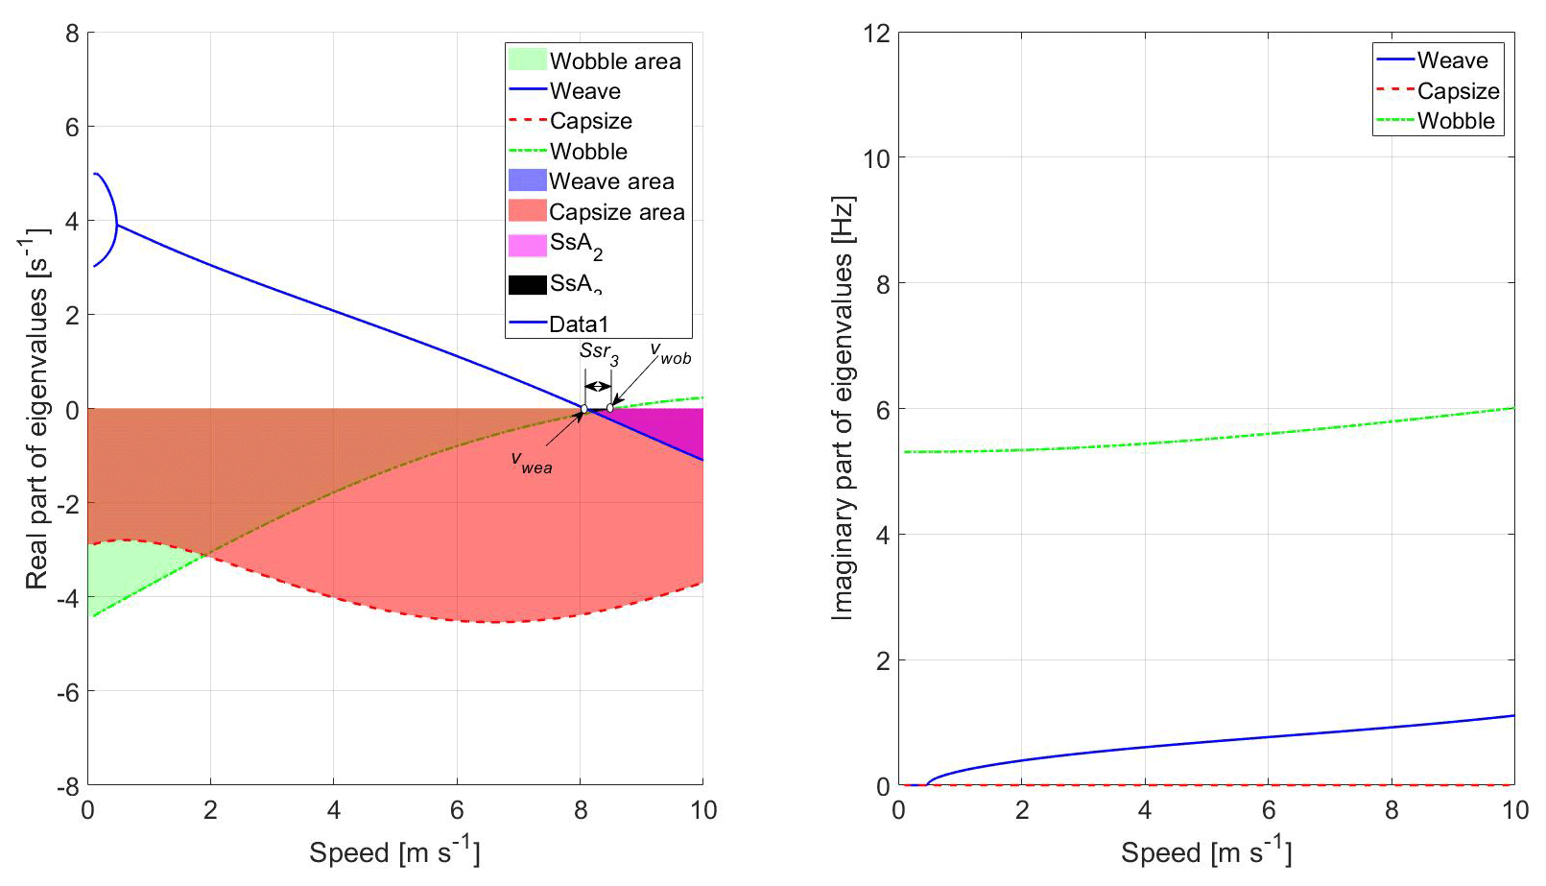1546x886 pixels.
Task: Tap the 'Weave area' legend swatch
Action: coord(527,181)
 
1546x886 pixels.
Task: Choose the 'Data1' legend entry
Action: coord(578,324)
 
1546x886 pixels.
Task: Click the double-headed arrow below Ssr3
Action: coord(598,387)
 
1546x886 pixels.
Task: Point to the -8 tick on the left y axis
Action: coord(67,786)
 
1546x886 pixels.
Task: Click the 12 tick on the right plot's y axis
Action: coord(876,34)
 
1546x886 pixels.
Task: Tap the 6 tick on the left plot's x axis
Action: coord(457,811)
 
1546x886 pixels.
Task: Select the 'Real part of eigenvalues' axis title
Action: coord(36,408)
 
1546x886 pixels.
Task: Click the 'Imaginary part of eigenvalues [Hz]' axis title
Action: coord(842,408)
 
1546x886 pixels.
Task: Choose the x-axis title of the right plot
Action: coord(1205,851)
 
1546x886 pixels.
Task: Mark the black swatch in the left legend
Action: coord(527,285)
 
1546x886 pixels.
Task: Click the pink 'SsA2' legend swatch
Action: coord(527,246)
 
